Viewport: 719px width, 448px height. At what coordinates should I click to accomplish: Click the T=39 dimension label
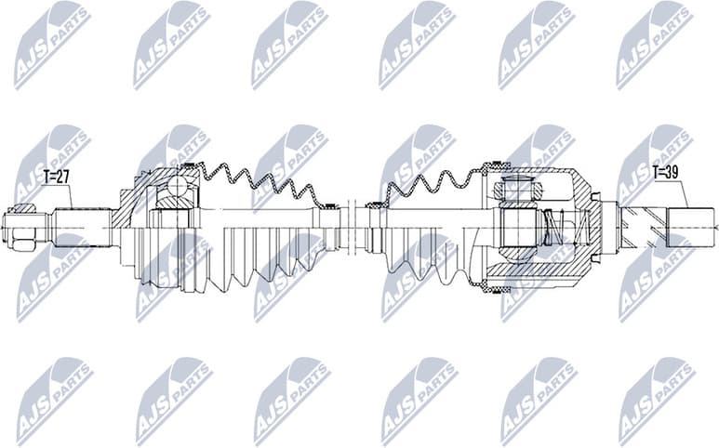click(666, 173)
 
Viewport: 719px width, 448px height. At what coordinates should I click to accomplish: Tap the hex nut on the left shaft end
click(22, 226)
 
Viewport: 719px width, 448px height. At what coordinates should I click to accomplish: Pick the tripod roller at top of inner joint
click(514, 190)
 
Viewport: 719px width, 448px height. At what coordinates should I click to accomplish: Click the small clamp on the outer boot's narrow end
click(326, 204)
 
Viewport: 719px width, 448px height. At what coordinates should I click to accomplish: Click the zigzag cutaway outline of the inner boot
click(428, 182)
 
